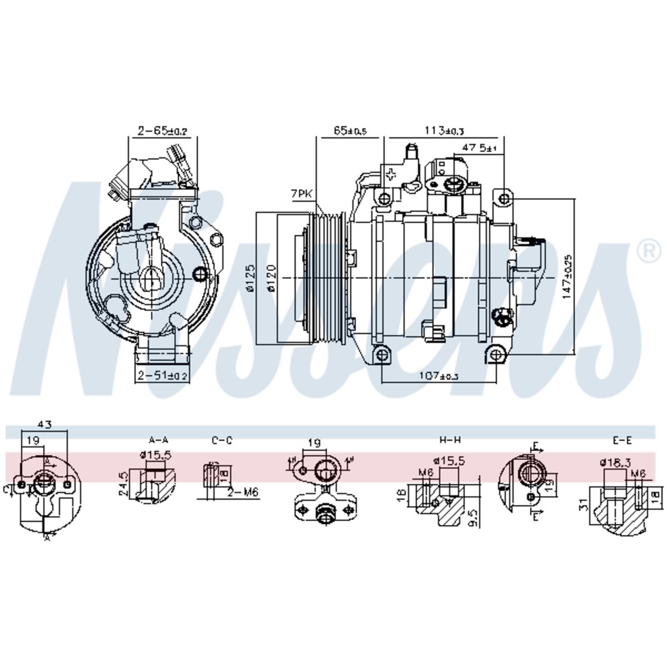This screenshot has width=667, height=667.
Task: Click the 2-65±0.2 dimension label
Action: (163, 131)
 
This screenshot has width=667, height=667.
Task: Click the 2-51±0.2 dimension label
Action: (163, 376)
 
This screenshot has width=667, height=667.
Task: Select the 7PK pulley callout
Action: (301, 193)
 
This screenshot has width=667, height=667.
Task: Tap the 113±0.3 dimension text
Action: (445, 131)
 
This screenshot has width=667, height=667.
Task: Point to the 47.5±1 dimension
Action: (479, 148)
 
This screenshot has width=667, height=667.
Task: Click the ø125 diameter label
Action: (250, 278)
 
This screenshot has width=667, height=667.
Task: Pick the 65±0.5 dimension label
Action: (350, 131)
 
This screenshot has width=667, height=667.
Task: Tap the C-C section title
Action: (221, 440)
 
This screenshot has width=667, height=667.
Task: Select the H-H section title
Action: (450, 440)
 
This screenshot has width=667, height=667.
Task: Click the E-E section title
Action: (622, 440)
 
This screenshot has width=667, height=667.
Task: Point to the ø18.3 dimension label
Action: (615, 462)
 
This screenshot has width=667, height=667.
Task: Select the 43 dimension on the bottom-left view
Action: (45, 425)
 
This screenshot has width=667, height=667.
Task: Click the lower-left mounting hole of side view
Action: (381, 355)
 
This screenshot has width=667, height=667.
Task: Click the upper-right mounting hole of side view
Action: (504, 198)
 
